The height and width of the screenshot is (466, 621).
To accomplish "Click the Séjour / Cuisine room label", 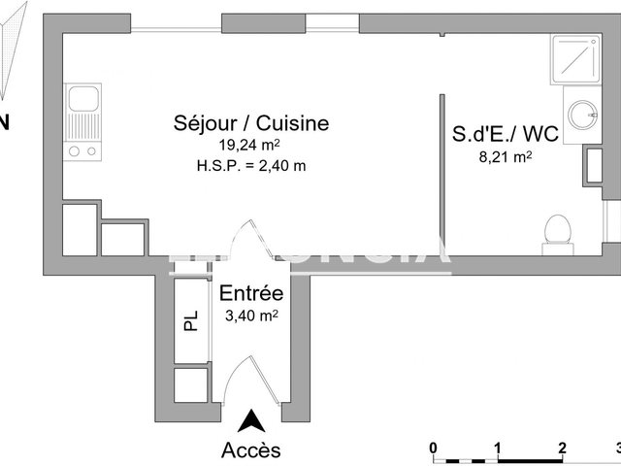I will click(251, 123).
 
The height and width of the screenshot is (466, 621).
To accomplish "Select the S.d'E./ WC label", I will click(505, 134).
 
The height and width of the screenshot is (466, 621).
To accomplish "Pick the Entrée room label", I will click(251, 293).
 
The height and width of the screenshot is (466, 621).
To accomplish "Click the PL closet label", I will click(191, 320).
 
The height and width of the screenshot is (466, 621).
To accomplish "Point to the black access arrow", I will click(251, 421).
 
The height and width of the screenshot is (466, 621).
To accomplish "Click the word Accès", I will click(251, 449).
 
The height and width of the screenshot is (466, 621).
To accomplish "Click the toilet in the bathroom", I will click(556, 231).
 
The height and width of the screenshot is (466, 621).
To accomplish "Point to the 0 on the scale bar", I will click(434, 447).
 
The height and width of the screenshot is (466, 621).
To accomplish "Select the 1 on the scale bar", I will click(497, 447).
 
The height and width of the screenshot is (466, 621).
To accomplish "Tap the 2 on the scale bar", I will click(561, 447).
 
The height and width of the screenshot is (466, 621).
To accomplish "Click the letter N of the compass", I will click(5, 122).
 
